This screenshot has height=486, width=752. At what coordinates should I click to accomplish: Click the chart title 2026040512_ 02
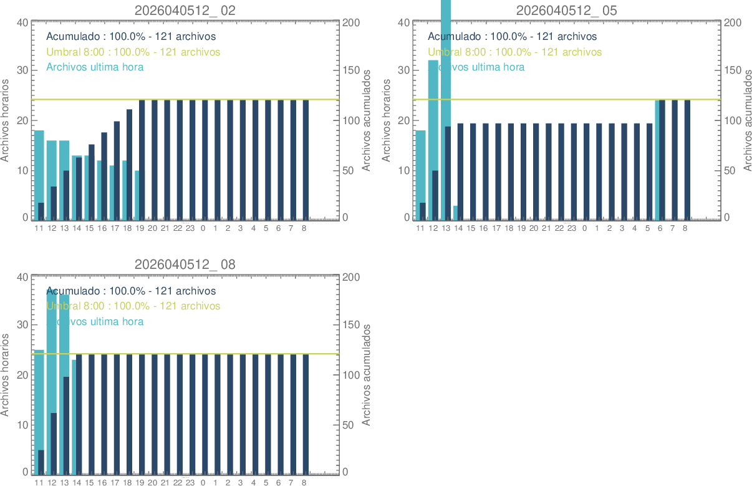(x=185, y=10)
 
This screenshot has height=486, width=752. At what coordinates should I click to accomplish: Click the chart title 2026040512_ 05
(x=567, y=10)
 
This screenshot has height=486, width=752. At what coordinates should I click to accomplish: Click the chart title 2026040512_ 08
(x=185, y=265)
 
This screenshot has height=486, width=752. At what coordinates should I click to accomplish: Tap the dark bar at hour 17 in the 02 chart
(x=117, y=170)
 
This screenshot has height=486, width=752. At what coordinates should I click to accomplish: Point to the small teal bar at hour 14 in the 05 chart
(x=456, y=213)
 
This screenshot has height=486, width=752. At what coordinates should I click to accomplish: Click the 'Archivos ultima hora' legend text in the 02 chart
(x=95, y=67)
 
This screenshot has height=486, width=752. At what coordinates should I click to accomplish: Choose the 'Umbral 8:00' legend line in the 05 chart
(x=514, y=52)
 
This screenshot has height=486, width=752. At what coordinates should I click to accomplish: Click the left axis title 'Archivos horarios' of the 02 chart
(x=6, y=120)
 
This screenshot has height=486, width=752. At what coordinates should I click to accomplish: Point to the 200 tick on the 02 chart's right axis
(x=351, y=23)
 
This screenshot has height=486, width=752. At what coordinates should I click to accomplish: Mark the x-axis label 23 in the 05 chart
(x=572, y=228)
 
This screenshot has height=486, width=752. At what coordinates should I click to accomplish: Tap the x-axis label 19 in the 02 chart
(x=140, y=228)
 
